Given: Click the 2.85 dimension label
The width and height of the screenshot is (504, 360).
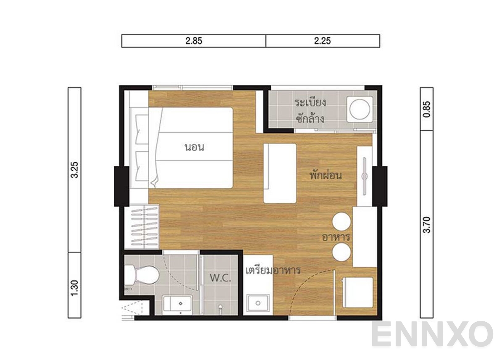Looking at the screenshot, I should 194,41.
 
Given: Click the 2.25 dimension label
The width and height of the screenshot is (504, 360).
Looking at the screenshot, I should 323,41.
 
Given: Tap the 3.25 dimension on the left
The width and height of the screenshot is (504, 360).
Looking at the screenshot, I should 74,170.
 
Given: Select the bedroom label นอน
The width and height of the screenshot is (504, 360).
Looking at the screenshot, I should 194,148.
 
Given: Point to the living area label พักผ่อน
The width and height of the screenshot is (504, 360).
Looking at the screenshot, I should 325,175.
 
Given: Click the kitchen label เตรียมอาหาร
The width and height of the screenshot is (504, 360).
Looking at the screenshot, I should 273,270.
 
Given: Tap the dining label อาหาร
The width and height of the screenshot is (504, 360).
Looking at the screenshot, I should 336,237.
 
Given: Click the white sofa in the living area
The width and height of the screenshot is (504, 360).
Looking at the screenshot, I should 280,173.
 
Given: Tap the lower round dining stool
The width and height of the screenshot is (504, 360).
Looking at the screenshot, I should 342,252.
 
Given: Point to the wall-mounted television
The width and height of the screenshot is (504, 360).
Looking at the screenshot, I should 365,176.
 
